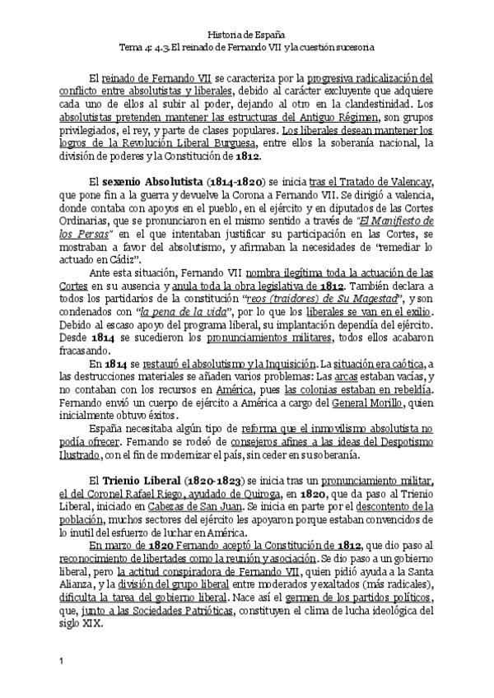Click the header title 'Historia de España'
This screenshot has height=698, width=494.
tap(247, 34)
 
